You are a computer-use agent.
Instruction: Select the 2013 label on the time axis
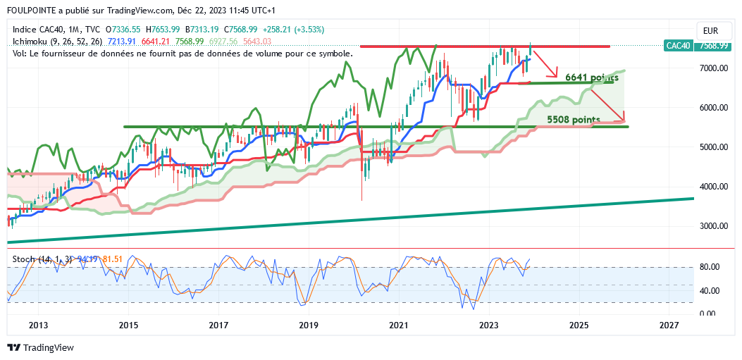38,325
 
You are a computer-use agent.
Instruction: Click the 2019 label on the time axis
309,325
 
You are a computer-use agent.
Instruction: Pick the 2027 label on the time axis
669,325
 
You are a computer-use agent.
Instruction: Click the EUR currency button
710,31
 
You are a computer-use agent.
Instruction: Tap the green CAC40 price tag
678,46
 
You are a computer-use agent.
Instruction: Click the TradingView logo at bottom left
40,348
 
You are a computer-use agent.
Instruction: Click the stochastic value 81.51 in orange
113,259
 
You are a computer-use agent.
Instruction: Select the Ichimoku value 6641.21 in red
156,42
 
